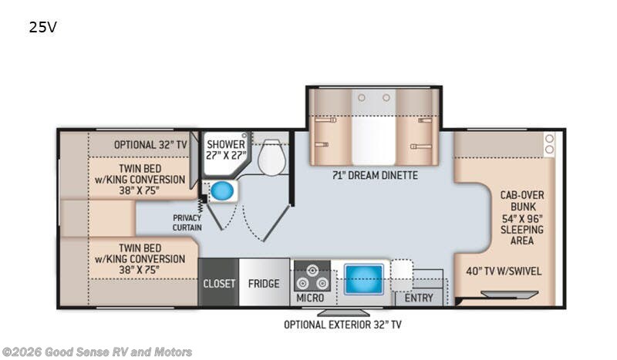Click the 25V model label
click(x=42, y=27)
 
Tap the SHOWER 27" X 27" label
click(x=226, y=150)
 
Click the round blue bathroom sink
click(x=222, y=191)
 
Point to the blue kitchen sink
click(x=363, y=279)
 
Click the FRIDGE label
click(x=264, y=284)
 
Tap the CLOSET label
click(x=219, y=284)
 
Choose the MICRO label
click(x=310, y=298)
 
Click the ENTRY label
click(x=419, y=298)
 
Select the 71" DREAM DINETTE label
click(x=375, y=175)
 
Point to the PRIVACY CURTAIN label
click(x=187, y=223)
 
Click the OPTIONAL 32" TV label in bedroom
click(x=150, y=145)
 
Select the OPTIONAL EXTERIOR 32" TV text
click(x=342, y=325)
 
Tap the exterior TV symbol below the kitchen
click(x=343, y=312)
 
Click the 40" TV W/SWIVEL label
click(x=504, y=271)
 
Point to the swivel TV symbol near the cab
click(x=510, y=294)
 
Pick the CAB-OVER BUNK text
click(x=522, y=200)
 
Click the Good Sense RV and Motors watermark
click(x=97, y=352)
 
